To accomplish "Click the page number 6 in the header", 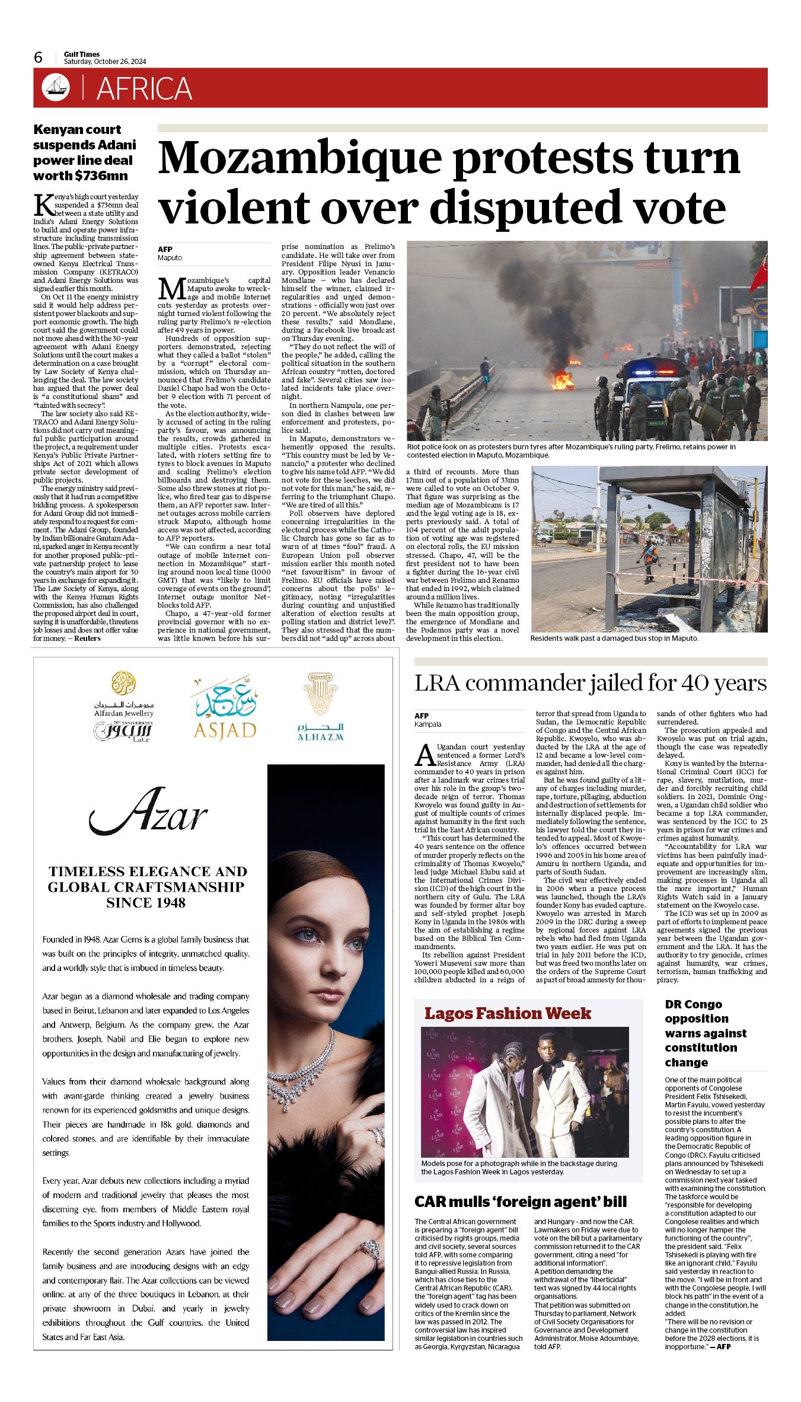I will (x=39, y=58).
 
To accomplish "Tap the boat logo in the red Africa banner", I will (x=55, y=88).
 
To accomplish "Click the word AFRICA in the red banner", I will (x=144, y=89).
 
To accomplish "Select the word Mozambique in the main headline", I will (x=300, y=158).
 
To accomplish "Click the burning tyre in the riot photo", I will (x=561, y=380).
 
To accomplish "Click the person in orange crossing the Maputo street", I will (x=650, y=558).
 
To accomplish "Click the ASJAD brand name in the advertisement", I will (x=225, y=730).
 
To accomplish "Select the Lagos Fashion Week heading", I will (x=508, y=1013).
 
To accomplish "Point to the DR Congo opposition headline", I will (x=705, y=1033).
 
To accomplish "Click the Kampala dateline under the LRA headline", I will (x=428, y=724).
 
